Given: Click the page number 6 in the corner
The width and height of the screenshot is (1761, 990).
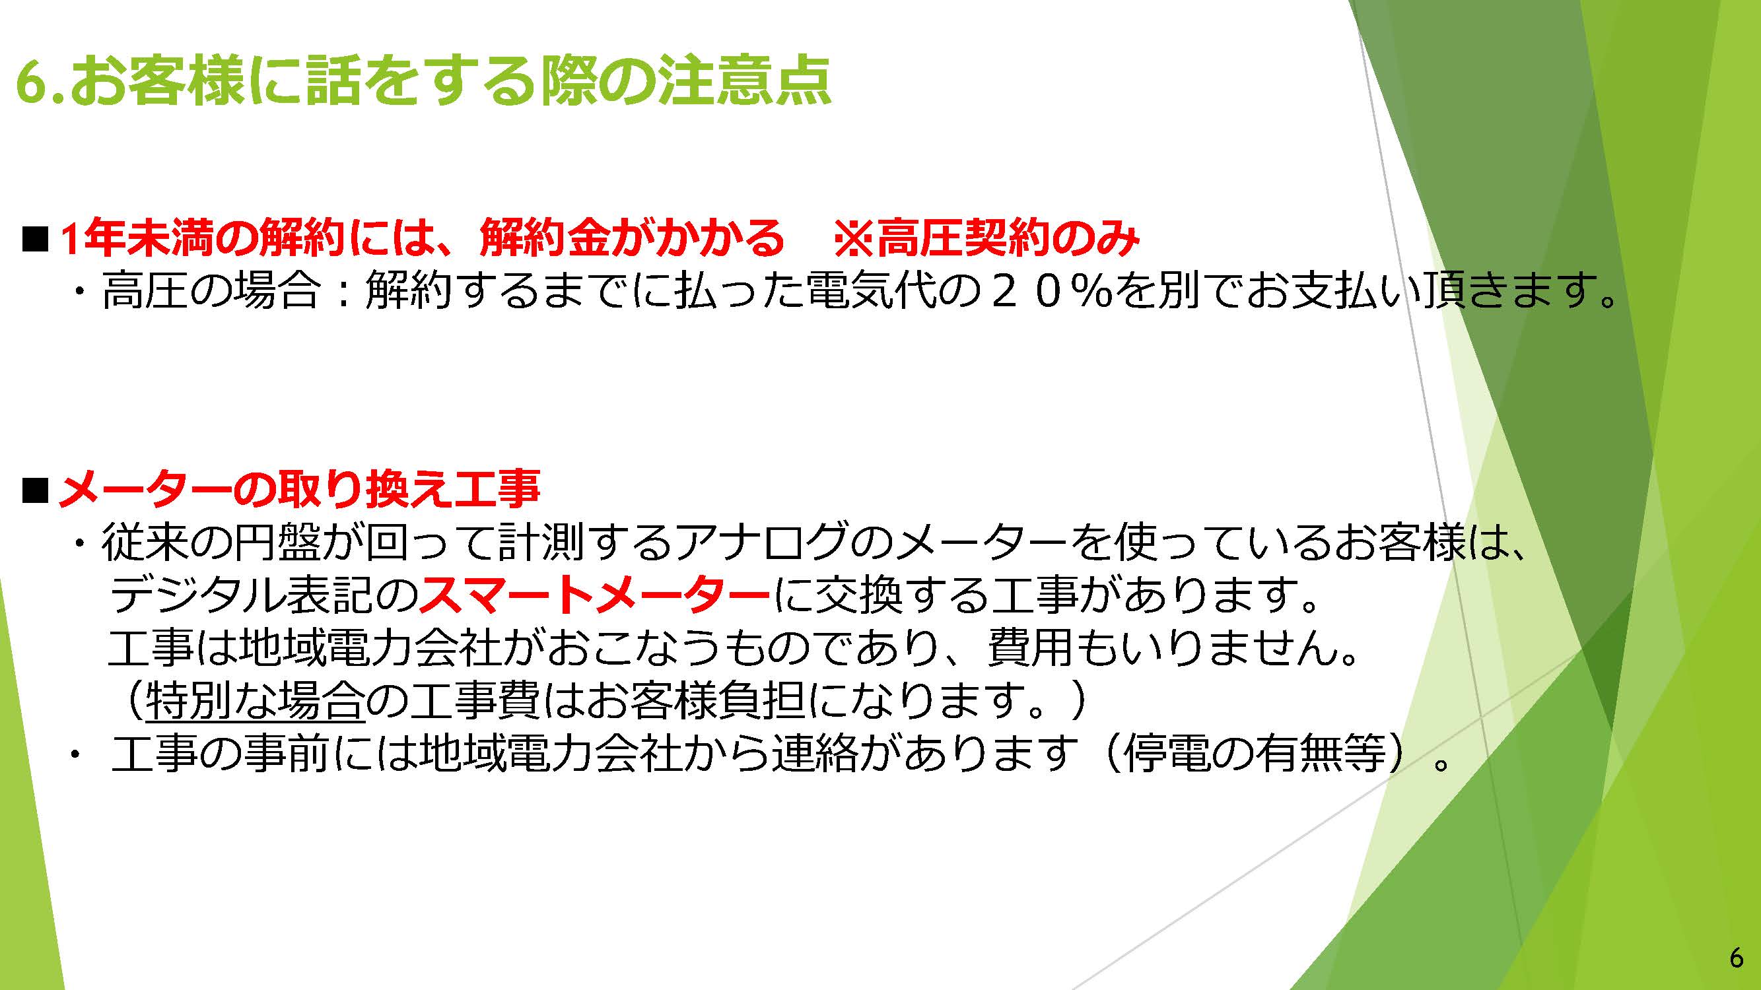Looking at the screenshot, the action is click(1737, 958).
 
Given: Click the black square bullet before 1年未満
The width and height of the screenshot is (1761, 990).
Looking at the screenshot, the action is click(36, 239).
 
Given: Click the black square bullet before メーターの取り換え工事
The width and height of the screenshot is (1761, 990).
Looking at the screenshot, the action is click(36, 490).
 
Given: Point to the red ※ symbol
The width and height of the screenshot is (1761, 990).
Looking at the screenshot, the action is click(854, 238).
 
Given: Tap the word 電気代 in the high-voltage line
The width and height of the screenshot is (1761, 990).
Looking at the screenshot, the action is click(872, 290).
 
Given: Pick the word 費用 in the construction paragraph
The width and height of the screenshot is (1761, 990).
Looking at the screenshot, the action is click(1030, 647).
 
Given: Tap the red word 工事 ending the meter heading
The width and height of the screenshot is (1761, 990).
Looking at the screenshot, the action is click(497, 489).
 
